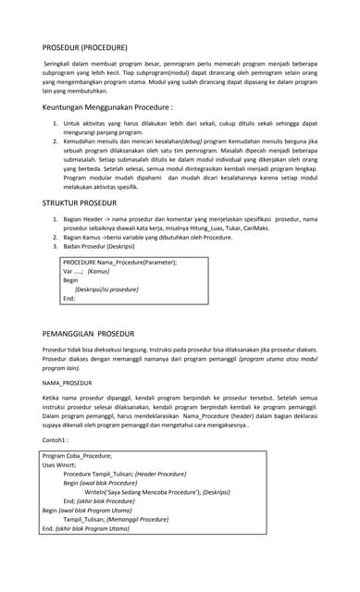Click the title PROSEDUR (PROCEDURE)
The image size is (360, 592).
(x=84, y=46)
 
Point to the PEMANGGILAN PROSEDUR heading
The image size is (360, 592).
(x=89, y=333)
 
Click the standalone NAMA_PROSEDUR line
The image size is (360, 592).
(x=68, y=382)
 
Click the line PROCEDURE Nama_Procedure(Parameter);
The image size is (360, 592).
(x=119, y=263)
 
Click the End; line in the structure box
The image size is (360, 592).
(x=68, y=299)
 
